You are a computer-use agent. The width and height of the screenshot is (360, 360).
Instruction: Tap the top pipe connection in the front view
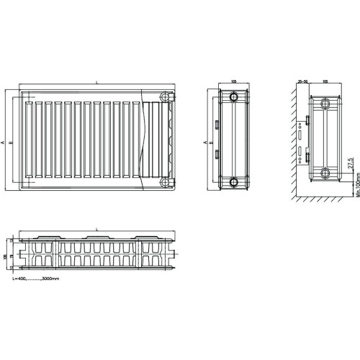tap(166, 98)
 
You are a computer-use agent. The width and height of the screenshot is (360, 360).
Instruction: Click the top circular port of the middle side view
tap(233, 98)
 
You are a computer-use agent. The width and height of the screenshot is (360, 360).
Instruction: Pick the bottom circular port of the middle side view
tap(233, 181)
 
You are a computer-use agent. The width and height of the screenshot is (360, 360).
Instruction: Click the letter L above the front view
tap(96, 84)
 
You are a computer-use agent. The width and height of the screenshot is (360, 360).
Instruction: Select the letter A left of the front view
tap(4, 143)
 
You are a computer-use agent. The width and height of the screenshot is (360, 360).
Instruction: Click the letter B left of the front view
tap(11, 143)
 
